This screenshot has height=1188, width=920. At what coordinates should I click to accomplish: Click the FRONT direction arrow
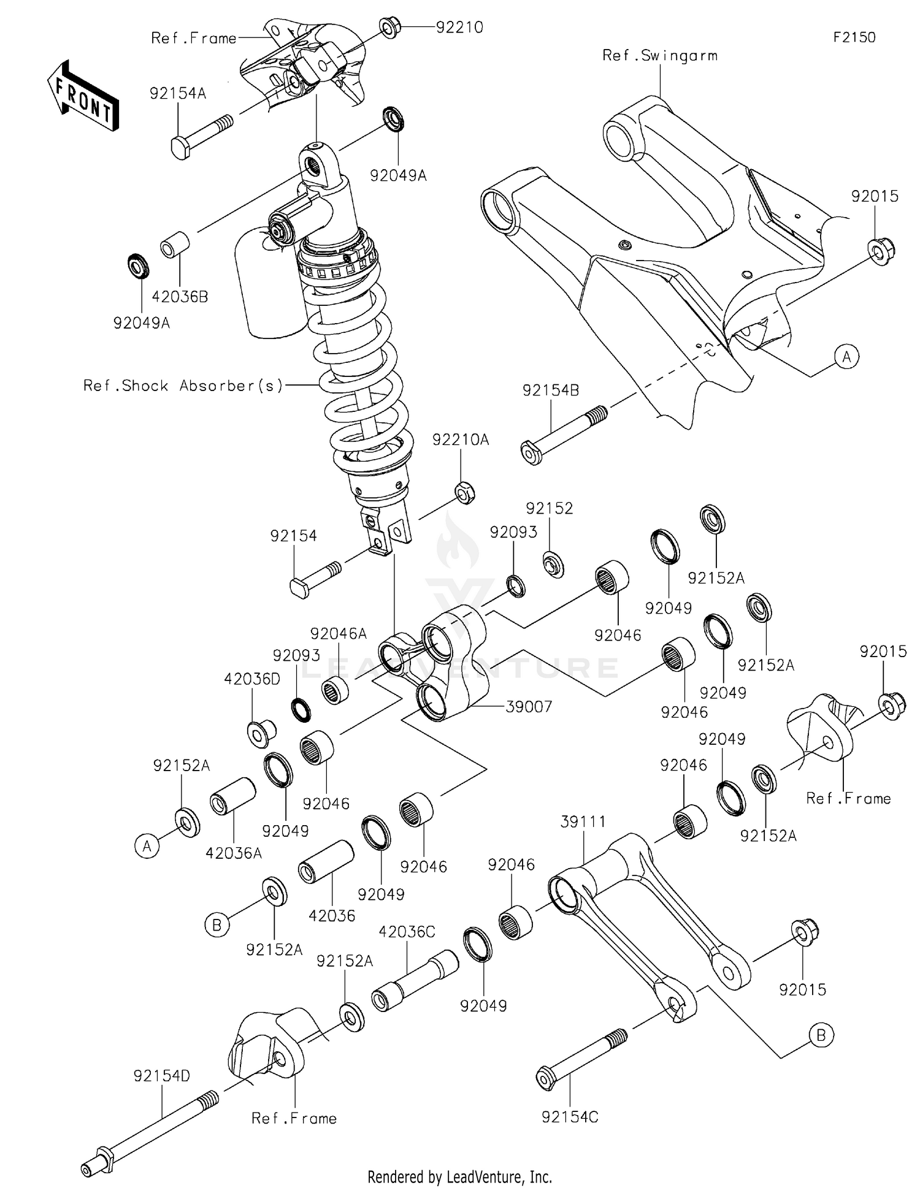click(83, 96)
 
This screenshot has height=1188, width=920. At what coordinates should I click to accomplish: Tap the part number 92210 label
click(459, 28)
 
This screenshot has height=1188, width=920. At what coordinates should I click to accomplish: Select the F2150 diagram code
click(854, 37)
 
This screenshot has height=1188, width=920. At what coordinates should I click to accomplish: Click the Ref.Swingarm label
click(659, 56)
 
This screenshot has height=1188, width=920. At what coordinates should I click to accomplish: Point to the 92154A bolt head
click(179, 148)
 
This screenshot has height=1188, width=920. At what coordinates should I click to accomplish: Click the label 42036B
click(180, 297)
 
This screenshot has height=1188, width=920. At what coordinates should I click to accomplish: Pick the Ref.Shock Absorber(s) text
click(183, 386)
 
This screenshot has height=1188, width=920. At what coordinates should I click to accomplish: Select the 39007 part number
click(529, 707)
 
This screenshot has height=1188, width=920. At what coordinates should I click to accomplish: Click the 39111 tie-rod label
click(583, 822)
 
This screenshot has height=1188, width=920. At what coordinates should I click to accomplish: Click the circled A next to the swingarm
click(846, 356)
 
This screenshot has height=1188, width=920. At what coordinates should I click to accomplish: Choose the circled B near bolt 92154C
click(821, 1035)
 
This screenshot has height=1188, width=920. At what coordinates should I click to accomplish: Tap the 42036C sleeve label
click(407, 932)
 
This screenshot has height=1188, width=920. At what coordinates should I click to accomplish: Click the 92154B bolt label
click(550, 390)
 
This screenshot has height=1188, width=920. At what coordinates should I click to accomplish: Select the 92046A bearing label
click(338, 634)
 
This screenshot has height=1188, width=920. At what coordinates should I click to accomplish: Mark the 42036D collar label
click(252, 679)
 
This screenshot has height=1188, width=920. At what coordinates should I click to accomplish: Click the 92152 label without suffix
click(549, 508)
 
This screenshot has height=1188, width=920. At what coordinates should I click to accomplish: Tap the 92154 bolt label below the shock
click(293, 536)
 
